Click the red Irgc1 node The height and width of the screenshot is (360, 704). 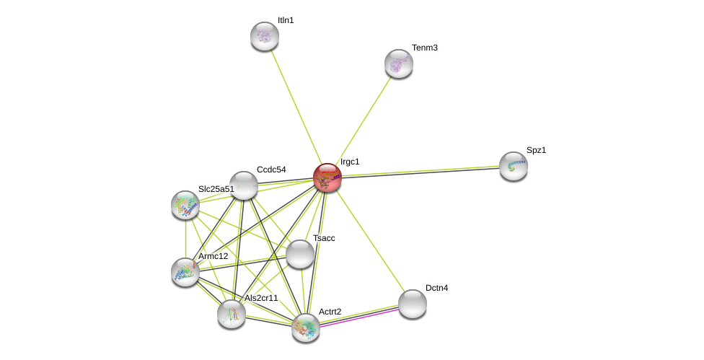pos(327,177)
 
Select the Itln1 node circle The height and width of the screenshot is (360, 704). pos(265,36)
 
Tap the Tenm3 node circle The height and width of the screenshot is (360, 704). pos(398,63)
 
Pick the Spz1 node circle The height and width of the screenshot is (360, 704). pos(513,166)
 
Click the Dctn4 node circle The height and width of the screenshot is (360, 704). pos(412,304)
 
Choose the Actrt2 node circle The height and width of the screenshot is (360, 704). pos(306,328)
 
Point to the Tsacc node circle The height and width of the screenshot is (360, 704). pos(299,254)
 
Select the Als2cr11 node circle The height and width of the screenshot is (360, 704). pos(232,314)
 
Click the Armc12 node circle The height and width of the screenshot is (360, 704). pos(185,272)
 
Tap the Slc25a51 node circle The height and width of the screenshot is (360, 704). pos(185,205)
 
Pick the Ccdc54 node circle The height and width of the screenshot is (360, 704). pos(244,185)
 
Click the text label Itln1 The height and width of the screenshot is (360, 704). pos(286,20)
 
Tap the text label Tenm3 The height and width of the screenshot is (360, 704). pos(425,48)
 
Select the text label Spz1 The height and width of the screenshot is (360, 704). pos(536,150)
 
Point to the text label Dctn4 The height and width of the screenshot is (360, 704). pos(436,288)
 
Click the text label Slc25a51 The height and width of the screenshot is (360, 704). pos(216,189)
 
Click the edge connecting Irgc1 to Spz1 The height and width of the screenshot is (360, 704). pos(420,172)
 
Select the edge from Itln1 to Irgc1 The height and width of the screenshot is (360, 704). pos(296,107)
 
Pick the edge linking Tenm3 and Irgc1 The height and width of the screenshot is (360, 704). pos(362,120)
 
